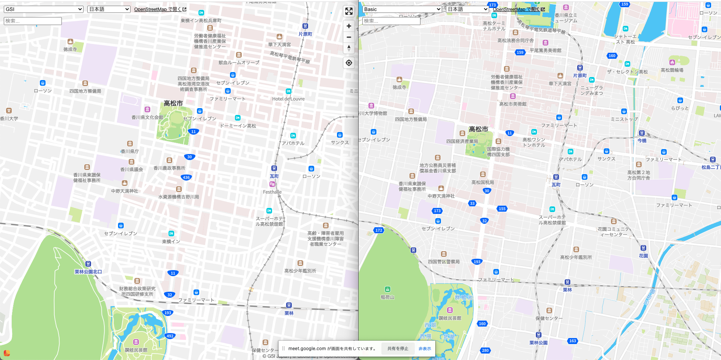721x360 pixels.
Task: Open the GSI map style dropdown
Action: click(43, 9)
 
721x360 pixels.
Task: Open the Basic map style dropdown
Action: click(402, 9)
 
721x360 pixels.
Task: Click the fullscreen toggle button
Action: click(349, 11)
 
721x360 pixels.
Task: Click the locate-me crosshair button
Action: click(349, 63)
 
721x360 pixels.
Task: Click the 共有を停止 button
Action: click(398, 349)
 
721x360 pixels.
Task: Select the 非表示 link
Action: click(425, 349)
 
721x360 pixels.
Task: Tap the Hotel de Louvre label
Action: click(288, 99)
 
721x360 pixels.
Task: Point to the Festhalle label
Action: click(272, 192)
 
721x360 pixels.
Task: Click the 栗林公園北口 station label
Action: click(88, 272)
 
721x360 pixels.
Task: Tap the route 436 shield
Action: click(186, 178)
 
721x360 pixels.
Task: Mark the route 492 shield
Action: click(170, 336)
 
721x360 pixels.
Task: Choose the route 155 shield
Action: click(502, 209)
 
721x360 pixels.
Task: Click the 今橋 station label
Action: click(642, 140)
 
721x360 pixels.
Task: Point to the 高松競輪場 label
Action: click(672, 70)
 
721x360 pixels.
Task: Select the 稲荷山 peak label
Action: click(387, 297)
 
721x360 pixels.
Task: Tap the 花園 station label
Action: click(643, 256)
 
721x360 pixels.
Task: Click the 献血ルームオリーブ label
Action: click(239, 63)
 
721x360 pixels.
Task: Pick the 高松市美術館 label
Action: click(513, 104)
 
